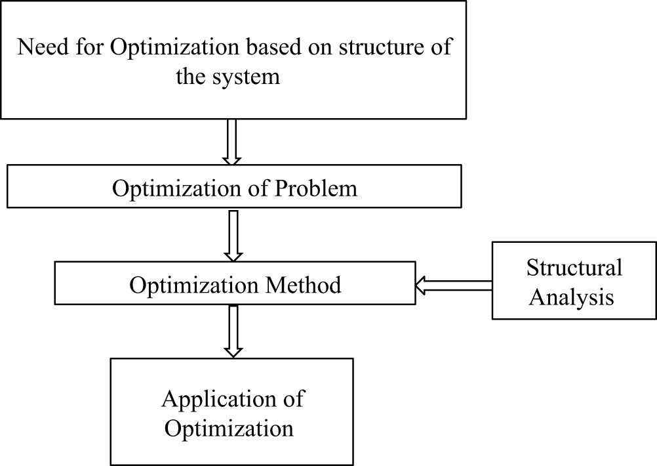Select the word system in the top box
pos(247,77)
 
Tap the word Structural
pos(574,268)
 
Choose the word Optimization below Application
pos(229,428)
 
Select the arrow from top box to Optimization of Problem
pos(231,141)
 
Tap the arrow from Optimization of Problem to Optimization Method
pos(233,235)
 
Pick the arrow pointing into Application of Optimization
pos(233,331)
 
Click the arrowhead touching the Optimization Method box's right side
pos(421,286)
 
